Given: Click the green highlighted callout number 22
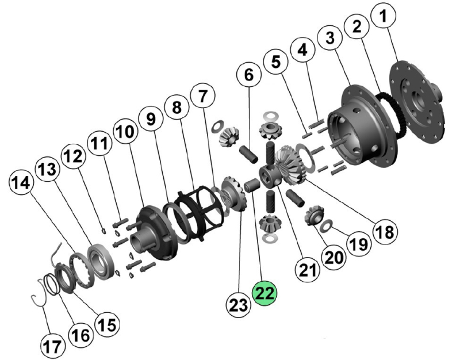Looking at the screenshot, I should (x=265, y=294).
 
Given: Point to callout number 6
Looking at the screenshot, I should (x=249, y=75).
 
